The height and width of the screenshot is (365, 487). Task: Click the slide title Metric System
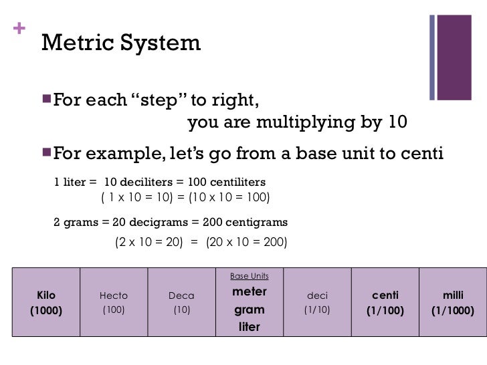point(120,43)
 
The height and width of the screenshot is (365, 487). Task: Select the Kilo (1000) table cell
point(46,302)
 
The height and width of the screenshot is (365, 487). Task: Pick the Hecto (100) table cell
point(113,302)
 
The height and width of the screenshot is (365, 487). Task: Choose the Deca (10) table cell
point(181,302)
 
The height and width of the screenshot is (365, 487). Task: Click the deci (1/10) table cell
point(317,302)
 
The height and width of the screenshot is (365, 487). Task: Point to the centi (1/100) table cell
point(385,302)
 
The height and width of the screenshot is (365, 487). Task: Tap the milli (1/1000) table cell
point(453,302)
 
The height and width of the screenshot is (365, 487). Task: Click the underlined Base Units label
point(249,275)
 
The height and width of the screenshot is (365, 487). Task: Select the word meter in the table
point(249,291)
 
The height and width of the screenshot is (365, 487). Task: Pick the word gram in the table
point(249,310)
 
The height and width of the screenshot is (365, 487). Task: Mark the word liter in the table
point(249,328)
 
